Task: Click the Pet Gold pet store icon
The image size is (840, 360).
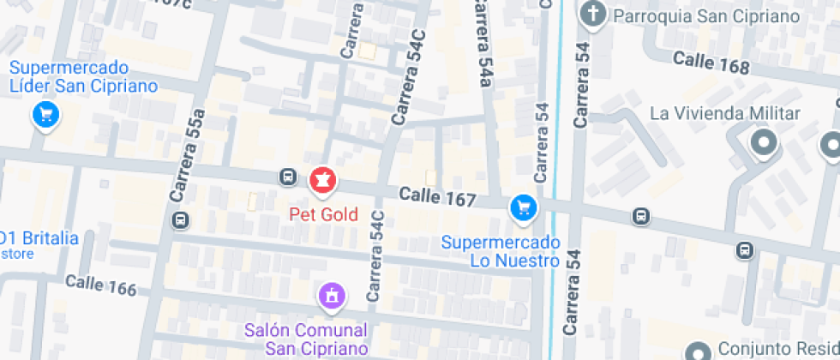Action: tap(323, 180)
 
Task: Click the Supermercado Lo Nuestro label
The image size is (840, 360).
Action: tap(501, 252)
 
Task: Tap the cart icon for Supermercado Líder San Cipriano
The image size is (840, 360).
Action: tap(45, 113)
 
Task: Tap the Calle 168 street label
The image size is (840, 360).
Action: tap(711, 63)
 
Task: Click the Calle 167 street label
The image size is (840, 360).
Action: tap(437, 198)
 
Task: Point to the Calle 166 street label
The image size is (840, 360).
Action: tap(100, 285)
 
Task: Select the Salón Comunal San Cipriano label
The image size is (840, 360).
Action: tap(306, 339)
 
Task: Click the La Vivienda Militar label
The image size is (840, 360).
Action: tap(724, 114)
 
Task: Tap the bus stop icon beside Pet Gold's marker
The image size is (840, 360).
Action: tap(288, 177)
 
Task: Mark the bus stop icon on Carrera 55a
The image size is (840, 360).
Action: tap(180, 220)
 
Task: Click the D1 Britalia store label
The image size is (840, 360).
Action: tap(39, 239)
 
